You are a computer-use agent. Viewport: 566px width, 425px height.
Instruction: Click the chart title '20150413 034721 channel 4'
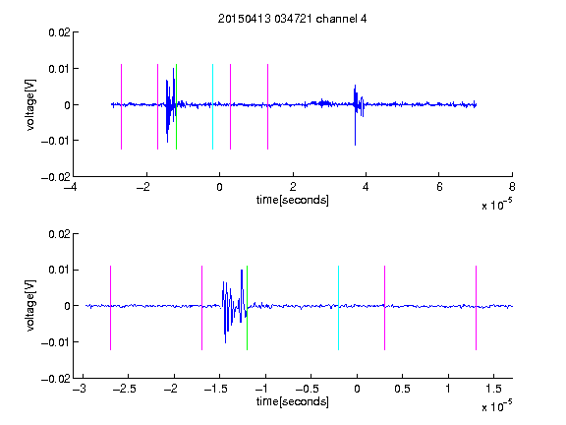(x=293, y=19)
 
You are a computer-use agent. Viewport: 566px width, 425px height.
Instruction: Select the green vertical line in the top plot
(x=176, y=106)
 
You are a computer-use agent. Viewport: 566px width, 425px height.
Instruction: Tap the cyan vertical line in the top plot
(x=212, y=106)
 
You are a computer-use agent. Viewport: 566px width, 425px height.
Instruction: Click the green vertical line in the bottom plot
(x=247, y=308)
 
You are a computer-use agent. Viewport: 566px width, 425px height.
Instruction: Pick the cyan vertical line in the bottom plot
(x=338, y=308)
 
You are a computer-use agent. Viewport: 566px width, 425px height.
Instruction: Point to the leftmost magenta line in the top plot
(x=121, y=106)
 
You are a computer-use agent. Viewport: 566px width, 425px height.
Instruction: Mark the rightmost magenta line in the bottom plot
(x=476, y=308)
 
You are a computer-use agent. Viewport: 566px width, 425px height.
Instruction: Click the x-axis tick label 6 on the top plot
(x=439, y=187)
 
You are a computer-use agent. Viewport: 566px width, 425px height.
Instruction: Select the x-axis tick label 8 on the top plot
(x=512, y=187)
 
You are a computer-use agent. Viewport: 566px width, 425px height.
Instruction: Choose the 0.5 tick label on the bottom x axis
(x=402, y=389)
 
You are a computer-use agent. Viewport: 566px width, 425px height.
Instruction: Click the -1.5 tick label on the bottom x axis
(x=215, y=389)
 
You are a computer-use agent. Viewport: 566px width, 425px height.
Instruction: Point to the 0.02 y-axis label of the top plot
(x=59, y=32)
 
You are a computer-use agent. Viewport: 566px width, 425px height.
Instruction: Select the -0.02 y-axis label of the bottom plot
(x=56, y=379)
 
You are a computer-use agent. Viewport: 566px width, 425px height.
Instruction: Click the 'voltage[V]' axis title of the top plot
(x=30, y=105)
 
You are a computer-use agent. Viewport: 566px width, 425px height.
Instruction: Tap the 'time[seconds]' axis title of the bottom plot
(x=293, y=401)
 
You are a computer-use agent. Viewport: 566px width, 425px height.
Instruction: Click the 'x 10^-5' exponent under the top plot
(x=496, y=205)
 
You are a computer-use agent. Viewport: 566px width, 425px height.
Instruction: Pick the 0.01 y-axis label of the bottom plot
(x=59, y=270)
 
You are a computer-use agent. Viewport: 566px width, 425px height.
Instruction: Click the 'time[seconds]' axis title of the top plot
(x=293, y=200)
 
